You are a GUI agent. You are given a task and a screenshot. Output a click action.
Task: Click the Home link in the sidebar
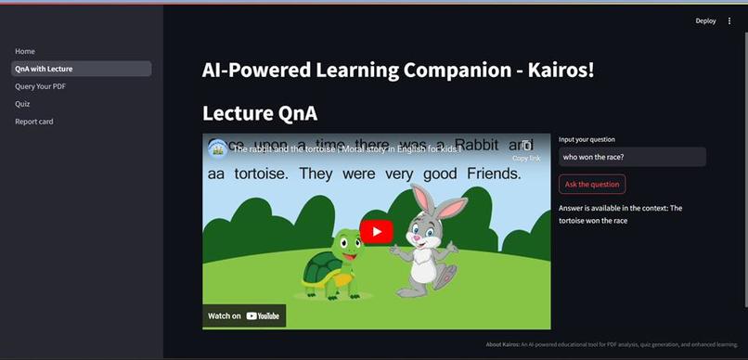coord(25,51)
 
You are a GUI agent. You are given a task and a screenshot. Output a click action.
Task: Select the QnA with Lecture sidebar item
coord(44,69)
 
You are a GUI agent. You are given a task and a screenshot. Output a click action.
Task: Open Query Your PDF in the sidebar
coord(40,86)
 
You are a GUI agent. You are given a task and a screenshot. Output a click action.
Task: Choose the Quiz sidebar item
coord(22,104)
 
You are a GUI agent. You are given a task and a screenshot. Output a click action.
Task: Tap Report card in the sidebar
coord(33,122)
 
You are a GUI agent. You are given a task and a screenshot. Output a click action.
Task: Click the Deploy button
coord(705,20)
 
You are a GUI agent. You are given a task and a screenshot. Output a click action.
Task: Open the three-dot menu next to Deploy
coord(729,20)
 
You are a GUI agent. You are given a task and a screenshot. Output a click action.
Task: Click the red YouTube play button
coord(377,232)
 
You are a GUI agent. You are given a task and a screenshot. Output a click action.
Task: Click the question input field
coord(632,157)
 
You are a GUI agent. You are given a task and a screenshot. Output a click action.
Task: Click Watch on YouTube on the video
coord(244,315)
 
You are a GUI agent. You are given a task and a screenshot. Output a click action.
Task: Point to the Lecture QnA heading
coord(260,113)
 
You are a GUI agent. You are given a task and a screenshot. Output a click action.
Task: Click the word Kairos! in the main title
coord(559,70)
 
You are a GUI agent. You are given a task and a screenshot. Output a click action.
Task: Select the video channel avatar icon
coord(217,148)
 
